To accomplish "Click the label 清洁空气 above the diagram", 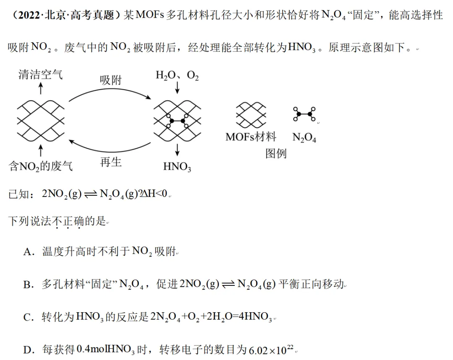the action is [40, 75].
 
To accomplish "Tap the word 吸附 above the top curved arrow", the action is [111, 80].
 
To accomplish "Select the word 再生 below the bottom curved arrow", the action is [111, 162].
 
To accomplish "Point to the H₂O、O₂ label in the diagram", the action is [177, 75].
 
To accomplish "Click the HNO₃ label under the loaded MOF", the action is [177, 166].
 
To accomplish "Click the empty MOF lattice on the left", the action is [41, 121].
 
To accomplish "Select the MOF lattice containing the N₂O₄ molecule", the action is [177, 121].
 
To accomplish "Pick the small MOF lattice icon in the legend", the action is [251, 115].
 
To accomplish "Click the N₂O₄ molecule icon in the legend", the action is [304, 114].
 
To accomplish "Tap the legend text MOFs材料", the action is [251, 137].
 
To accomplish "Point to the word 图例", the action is [276, 153].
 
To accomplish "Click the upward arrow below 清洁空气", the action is [41, 88].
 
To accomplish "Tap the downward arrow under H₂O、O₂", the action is [177, 88].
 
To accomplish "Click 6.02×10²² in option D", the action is [271, 350].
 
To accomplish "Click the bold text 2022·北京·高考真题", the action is [66, 15].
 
